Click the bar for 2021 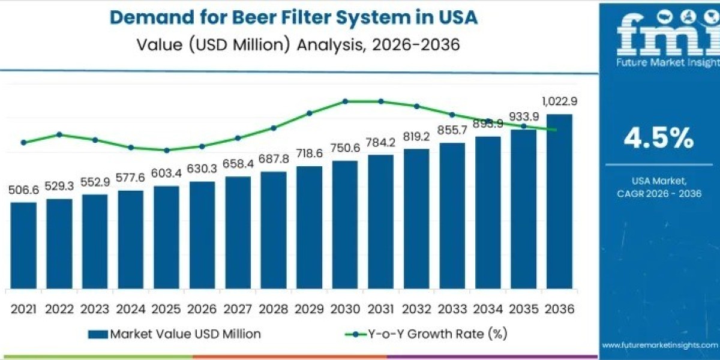point(23,245)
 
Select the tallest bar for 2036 point(559,201)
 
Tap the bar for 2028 point(274,230)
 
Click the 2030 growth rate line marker point(345,101)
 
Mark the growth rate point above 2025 point(167,150)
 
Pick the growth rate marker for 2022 point(59,134)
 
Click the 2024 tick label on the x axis point(131,309)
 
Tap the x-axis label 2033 point(452,309)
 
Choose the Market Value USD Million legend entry point(174,334)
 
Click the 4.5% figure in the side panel point(659,139)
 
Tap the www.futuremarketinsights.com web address point(660,345)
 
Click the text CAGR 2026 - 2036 point(659,193)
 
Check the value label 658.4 point(238,164)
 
